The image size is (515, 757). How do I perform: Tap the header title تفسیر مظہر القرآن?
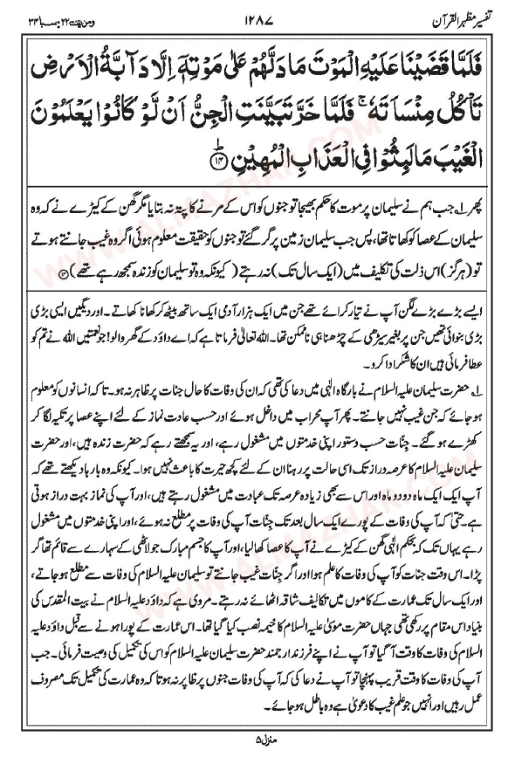tap(462, 22)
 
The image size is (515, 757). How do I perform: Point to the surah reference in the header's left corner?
tap(53, 22)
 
